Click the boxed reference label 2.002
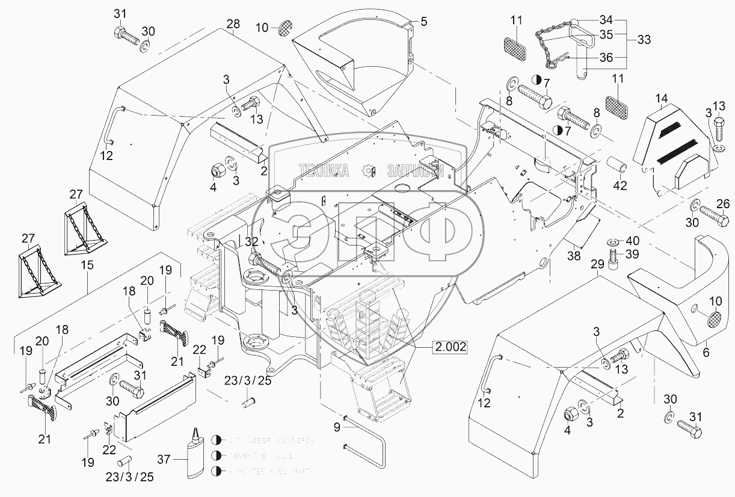(x=449, y=347)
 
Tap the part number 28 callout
(x=233, y=25)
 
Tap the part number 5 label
(x=423, y=22)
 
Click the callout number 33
(x=644, y=40)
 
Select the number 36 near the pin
(x=606, y=58)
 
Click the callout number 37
(x=163, y=460)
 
